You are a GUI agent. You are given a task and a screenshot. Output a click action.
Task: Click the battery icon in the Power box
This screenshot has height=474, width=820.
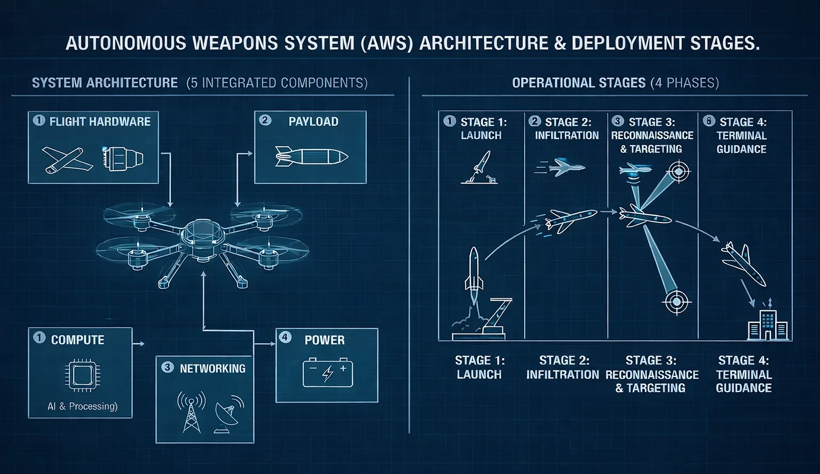tap(327, 373)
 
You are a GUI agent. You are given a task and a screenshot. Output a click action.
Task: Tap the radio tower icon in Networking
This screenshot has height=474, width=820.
tap(191, 412)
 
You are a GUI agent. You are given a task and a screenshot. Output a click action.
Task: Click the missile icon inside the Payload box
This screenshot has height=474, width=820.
tap(311, 156)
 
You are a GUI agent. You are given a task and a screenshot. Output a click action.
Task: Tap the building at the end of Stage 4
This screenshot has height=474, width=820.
tap(768, 322)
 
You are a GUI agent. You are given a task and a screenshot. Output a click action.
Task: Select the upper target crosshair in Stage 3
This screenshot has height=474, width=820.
tap(679, 172)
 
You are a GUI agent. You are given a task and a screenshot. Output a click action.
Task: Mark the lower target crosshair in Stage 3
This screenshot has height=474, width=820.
tap(675, 303)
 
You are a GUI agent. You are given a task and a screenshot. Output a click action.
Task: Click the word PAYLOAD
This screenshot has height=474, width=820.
tap(313, 122)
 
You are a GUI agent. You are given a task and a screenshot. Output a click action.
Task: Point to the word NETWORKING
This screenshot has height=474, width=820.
tap(212, 368)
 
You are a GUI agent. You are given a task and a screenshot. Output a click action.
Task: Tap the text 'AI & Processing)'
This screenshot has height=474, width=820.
tap(82, 406)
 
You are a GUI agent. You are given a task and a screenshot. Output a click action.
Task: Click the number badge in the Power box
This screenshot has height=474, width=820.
tap(285, 337)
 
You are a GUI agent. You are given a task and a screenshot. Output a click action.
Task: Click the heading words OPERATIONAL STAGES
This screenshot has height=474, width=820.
tap(579, 83)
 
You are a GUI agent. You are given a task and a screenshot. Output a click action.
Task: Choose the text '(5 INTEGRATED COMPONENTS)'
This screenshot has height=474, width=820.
tap(277, 83)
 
